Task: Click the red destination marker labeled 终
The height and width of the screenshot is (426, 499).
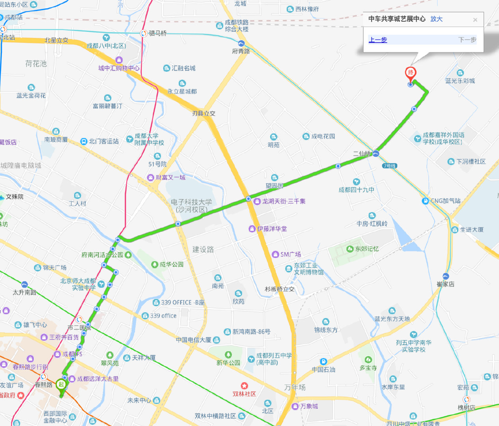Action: click(x=411, y=73)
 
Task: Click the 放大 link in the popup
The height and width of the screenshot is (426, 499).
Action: click(x=436, y=19)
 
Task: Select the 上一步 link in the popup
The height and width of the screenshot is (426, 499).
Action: click(x=378, y=39)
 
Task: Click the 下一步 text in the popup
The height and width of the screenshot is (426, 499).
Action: click(x=467, y=39)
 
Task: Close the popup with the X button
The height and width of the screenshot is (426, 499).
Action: click(x=475, y=20)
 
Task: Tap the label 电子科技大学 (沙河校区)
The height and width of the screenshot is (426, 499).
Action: click(x=191, y=206)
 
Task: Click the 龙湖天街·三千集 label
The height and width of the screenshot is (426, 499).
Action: click(x=283, y=201)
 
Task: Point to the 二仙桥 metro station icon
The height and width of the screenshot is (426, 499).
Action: click(x=376, y=153)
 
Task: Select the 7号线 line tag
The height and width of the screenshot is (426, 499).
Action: click(x=389, y=166)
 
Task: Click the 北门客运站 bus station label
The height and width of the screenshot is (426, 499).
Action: click(x=103, y=141)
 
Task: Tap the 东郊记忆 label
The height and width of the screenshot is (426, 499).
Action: click(x=367, y=249)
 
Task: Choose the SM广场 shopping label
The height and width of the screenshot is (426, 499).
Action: click(x=290, y=254)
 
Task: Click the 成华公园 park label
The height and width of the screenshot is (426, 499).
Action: click(x=171, y=264)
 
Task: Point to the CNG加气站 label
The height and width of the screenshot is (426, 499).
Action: click(x=445, y=201)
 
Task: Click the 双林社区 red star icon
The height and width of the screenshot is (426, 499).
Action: click(x=244, y=386)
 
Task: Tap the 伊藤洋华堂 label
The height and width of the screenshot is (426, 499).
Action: click(x=272, y=229)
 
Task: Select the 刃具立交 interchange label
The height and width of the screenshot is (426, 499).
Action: click(x=203, y=114)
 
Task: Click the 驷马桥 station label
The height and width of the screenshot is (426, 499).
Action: click(x=157, y=34)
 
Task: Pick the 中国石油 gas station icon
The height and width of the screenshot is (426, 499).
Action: click(x=323, y=362)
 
